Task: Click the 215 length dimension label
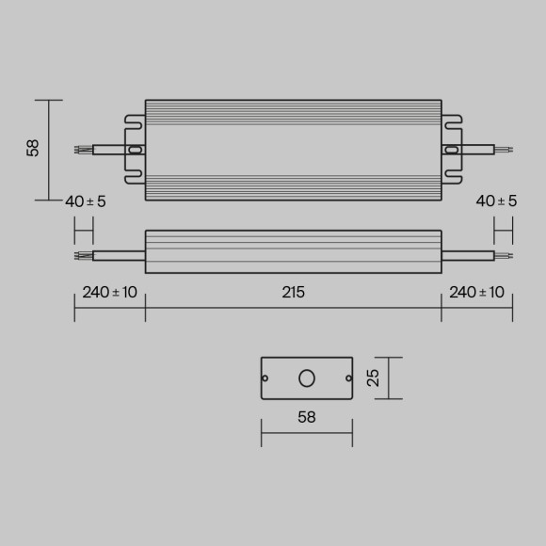click(293, 292)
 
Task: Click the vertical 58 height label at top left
click(34, 149)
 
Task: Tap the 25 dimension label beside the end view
click(374, 377)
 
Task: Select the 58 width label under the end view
click(306, 416)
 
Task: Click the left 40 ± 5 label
click(86, 201)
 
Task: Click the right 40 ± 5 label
click(496, 201)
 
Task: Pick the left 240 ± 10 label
click(109, 292)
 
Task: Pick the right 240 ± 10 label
click(476, 292)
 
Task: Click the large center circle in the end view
click(307, 378)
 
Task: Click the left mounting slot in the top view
click(135, 149)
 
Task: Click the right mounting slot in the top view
click(452, 149)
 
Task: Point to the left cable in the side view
click(118, 254)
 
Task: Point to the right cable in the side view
click(468, 254)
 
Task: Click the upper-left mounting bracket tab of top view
click(133, 121)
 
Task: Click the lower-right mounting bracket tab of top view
click(454, 176)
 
